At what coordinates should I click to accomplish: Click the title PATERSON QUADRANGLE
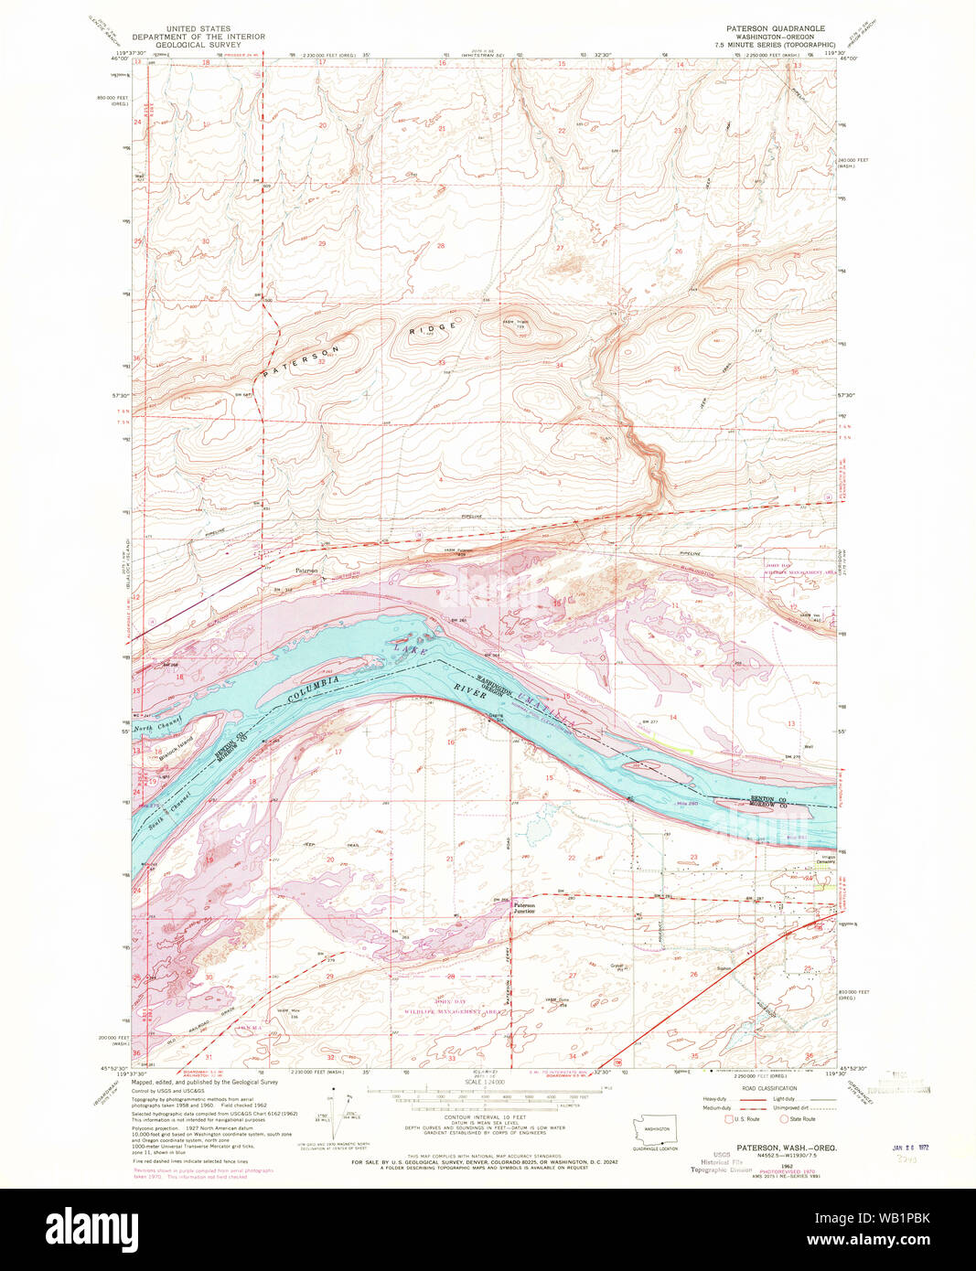click(x=776, y=29)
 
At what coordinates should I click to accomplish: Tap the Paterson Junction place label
click(x=524, y=908)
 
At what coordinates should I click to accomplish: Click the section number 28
click(x=440, y=245)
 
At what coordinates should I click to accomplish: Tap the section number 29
click(x=322, y=244)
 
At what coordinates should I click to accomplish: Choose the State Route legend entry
click(x=798, y=1119)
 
